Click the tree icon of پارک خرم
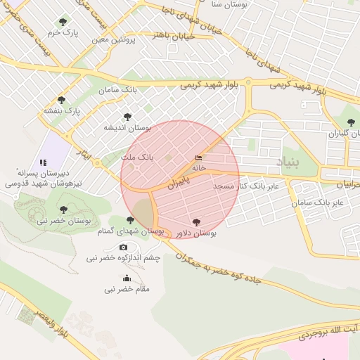click(x=65, y=22)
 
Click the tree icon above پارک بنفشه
click(x=62, y=100)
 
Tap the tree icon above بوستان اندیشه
click(x=127, y=117)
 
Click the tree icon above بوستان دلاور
click(x=195, y=221)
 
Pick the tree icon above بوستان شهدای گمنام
click(x=130, y=220)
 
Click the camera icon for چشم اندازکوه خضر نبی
click(x=124, y=247)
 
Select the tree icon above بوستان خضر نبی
click(x=63, y=210)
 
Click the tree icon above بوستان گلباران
click(x=351, y=122)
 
